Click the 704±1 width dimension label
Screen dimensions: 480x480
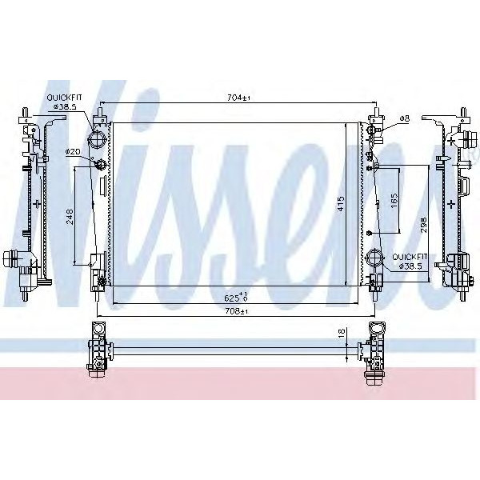pyautogui.click(x=238, y=98)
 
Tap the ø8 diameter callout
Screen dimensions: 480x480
pyautogui.click(x=403, y=118)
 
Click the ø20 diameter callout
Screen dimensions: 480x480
pyautogui.click(x=73, y=151)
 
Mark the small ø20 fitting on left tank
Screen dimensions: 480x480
pyautogui.click(x=100, y=166)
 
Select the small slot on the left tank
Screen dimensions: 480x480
pyautogui.click(x=100, y=186)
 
